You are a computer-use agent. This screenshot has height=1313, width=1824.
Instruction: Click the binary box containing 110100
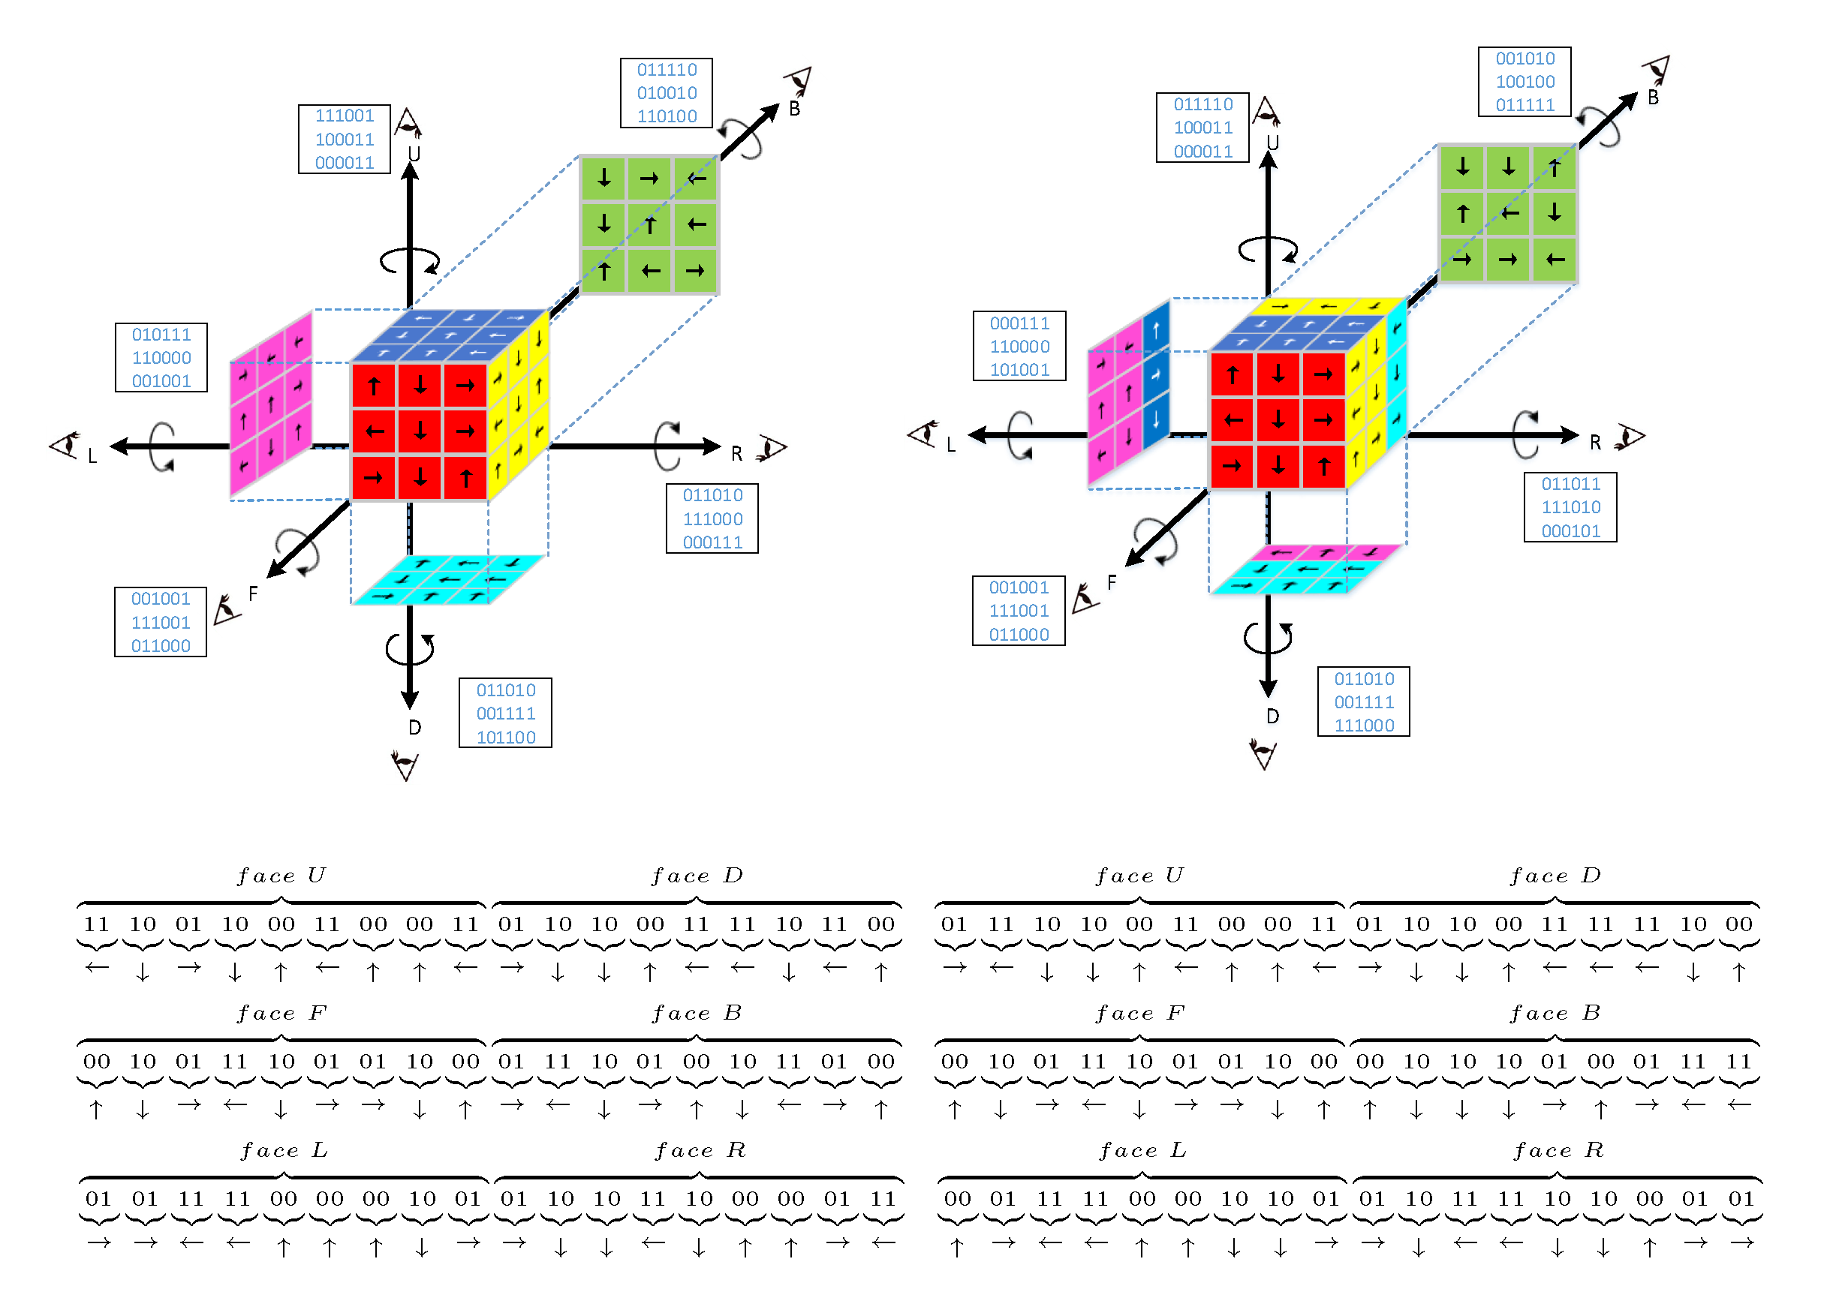(x=666, y=92)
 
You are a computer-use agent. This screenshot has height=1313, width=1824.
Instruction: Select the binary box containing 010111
(x=161, y=357)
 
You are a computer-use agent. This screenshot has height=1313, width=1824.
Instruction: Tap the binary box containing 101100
(x=505, y=714)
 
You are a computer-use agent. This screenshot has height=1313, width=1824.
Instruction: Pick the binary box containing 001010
(x=1524, y=81)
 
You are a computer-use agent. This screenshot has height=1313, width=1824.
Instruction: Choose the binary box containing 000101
(x=1570, y=507)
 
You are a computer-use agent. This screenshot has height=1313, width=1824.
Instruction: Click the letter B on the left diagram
(x=795, y=109)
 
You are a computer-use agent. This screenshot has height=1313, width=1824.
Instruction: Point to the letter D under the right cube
(x=1272, y=716)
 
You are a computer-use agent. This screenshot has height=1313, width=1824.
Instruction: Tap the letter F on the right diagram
(x=1112, y=582)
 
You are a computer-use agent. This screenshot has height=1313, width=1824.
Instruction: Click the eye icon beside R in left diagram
(x=772, y=448)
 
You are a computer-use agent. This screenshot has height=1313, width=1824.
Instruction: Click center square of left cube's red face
(x=420, y=431)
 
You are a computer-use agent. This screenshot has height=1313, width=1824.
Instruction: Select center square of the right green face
(x=1508, y=213)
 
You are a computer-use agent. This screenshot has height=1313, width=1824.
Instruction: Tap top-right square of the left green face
(x=696, y=179)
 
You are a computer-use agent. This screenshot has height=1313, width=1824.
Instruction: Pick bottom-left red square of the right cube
(x=1232, y=465)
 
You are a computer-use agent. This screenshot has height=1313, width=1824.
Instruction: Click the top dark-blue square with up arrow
(x=1156, y=329)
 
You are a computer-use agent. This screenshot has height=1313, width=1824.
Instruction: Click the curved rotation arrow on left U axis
(x=410, y=260)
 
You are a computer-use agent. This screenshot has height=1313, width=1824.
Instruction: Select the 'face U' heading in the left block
(x=281, y=875)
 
